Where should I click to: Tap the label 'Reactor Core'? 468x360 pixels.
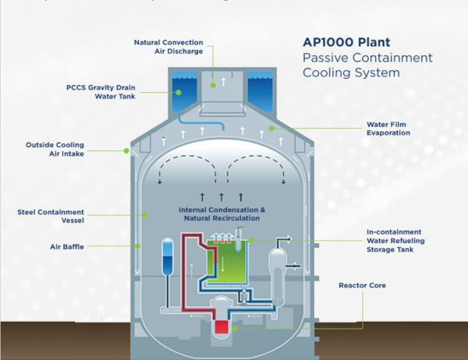pos(362,286)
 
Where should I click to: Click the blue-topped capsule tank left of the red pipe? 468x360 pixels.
pos(168,258)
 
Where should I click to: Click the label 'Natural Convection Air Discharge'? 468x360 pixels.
pos(168,47)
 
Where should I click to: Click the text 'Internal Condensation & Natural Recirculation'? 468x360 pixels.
pos(222,214)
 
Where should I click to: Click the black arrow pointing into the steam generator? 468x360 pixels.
pos(294,266)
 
